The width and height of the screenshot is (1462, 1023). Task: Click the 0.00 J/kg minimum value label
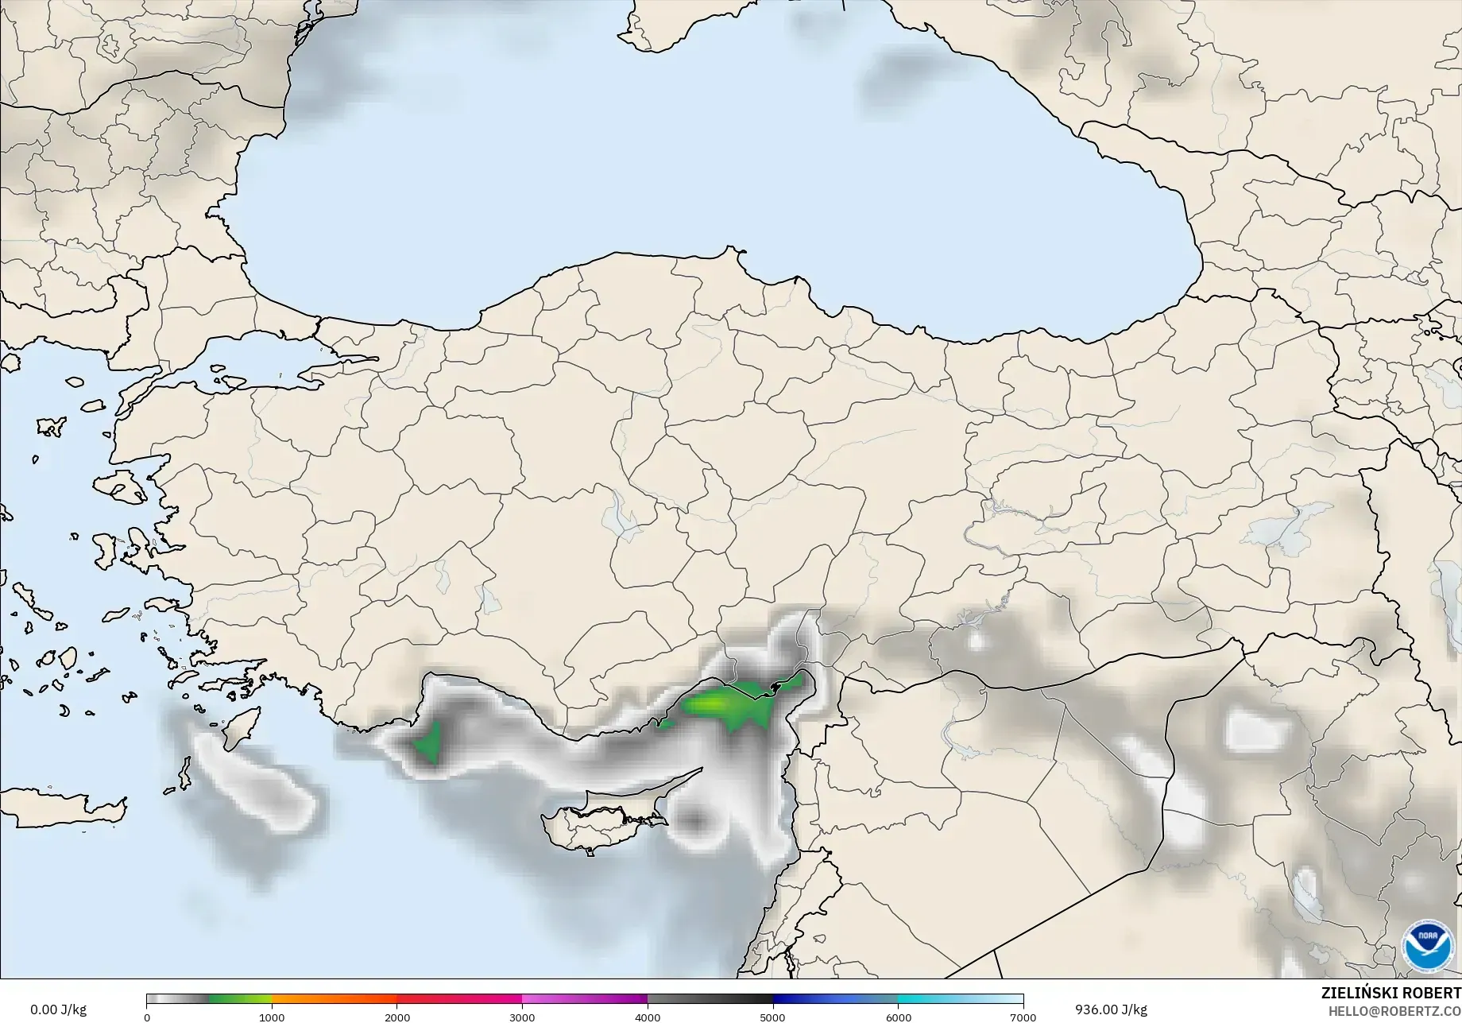pos(58,1009)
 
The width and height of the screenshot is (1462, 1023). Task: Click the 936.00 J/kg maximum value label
pos(1111,1009)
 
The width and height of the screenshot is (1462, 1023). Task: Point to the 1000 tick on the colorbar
pos(272,1017)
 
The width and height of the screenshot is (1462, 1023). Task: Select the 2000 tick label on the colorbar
pos(397,1017)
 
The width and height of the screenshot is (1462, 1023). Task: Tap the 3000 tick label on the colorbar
pos(522,1017)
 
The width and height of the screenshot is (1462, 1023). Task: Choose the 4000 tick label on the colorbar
pos(648,1017)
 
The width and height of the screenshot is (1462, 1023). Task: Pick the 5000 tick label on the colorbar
pos(772,1017)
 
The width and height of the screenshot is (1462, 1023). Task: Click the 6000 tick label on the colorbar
pos(898,1017)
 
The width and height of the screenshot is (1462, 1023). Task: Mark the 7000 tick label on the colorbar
pos(1023,1017)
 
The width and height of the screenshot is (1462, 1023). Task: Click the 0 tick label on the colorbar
pos(147,1017)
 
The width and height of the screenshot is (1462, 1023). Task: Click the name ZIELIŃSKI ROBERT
pos(1390,993)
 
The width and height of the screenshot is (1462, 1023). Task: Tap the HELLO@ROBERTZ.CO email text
pos(1394,1009)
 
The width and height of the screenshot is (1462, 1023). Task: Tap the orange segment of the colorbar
pos(334,999)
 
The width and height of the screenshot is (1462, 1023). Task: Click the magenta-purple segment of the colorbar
pos(584,999)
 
